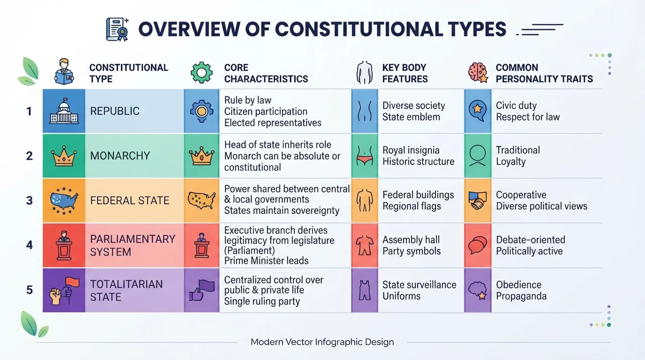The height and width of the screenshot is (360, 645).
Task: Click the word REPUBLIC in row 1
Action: [114, 111]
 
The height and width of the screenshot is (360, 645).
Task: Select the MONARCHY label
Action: [120, 156]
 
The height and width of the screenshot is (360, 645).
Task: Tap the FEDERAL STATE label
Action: [130, 201]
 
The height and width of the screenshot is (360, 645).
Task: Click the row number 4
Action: [29, 245]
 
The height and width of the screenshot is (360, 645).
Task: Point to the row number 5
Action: [29, 290]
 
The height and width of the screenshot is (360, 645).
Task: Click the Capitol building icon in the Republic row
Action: [64, 111]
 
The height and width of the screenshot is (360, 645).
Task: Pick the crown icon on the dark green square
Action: [64, 156]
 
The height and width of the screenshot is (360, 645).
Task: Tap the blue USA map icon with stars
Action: [64, 201]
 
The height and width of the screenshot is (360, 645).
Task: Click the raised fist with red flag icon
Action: [64, 290]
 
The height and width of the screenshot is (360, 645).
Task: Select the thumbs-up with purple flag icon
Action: [202, 290]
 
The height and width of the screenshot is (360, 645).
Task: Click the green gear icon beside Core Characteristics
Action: [202, 73]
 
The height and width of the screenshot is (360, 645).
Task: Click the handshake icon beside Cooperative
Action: [478, 201]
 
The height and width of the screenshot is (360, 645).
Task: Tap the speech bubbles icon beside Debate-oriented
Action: [478, 245]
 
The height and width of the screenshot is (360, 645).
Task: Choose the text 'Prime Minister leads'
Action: [267, 261]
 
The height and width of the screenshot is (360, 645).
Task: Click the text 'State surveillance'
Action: [419, 284]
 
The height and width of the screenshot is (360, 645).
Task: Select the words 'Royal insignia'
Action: [411, 150]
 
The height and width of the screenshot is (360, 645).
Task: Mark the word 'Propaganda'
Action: [521, 296]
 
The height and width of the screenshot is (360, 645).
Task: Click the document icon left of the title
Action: [117, 29]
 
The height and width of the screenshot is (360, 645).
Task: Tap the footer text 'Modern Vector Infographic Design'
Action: [322, 342]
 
